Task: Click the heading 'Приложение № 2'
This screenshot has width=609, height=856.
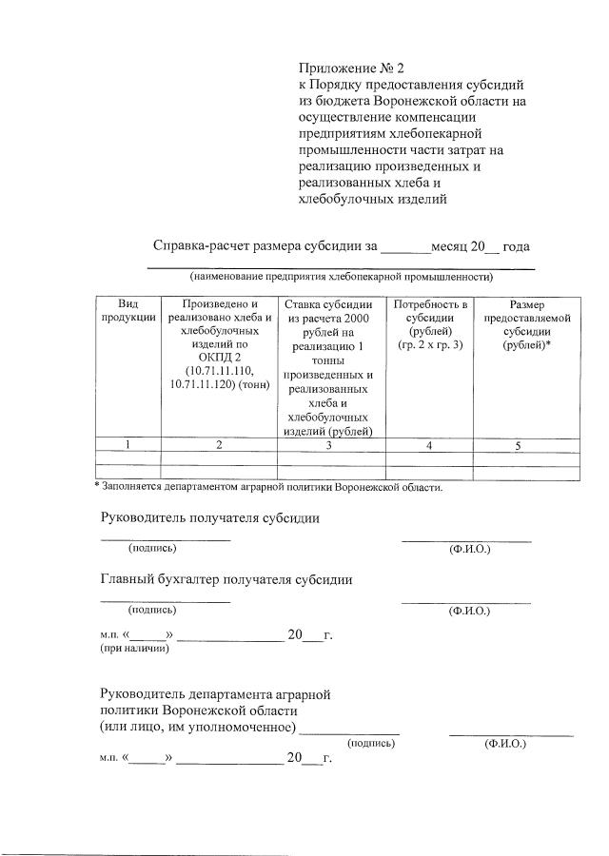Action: (351, 68)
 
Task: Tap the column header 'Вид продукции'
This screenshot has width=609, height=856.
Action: (128, 310)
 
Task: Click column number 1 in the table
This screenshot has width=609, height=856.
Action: (128, 444)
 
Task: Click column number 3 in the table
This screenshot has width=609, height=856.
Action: (326, 444)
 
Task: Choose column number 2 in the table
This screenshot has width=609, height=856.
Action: (219, 444)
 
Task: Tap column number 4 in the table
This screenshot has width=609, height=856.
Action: (430, 444)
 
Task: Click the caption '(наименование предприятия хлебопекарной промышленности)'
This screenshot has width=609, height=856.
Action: (341, 277)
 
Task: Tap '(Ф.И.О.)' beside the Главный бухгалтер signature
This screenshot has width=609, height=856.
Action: (468, 610)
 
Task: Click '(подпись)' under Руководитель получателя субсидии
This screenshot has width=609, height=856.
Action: (152, 548)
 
